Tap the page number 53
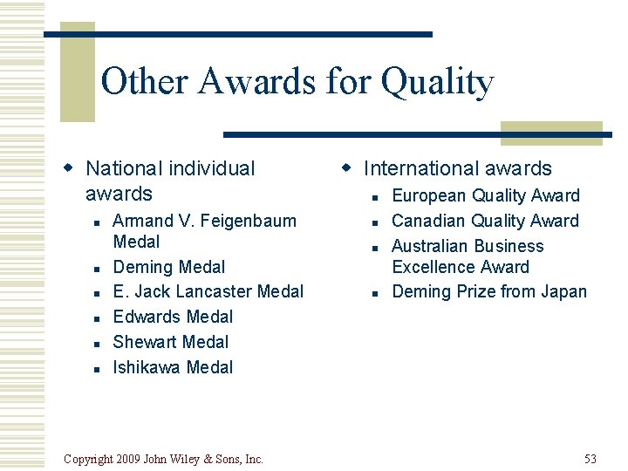coord(590,459)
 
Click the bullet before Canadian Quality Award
coord(375,222)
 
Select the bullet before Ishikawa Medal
coord(96,369)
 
